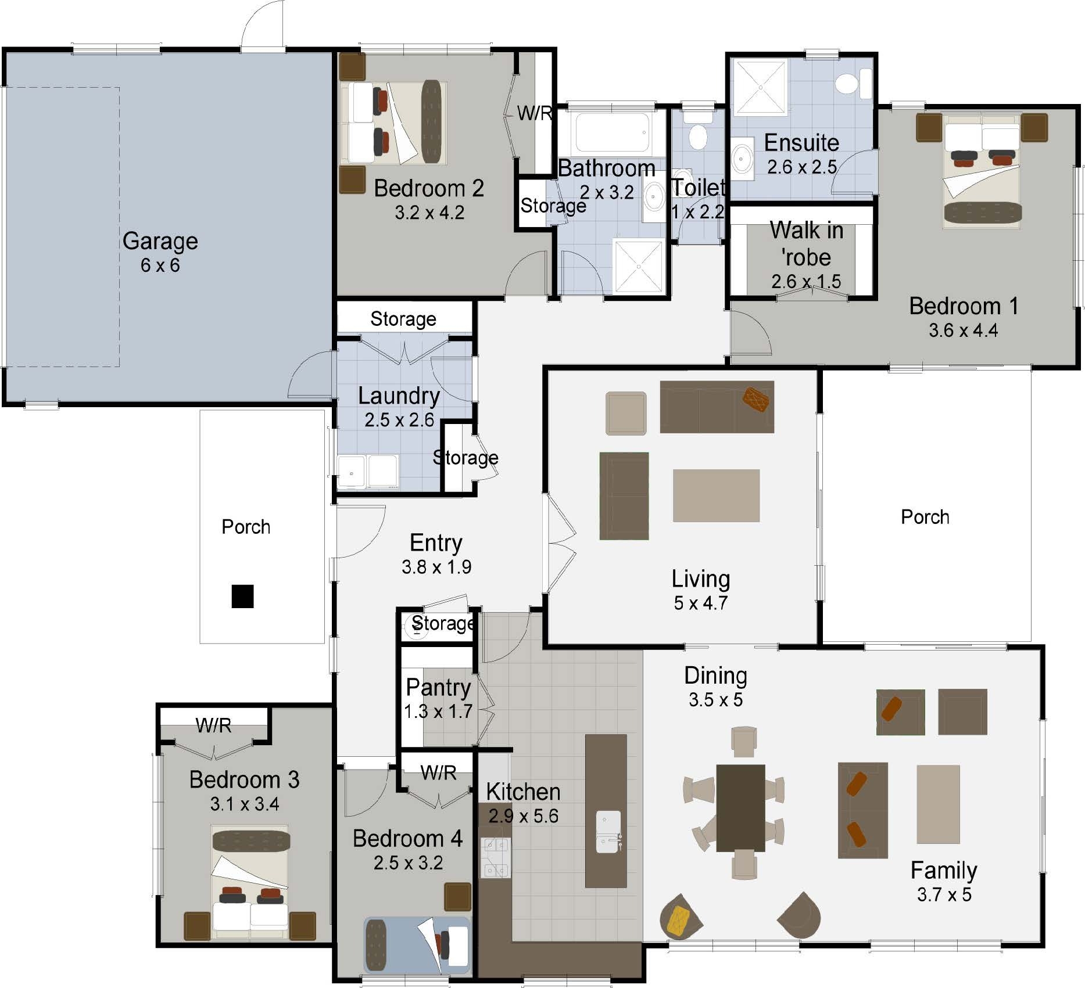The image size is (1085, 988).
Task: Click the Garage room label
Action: coord(160,241)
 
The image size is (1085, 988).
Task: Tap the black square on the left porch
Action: coord(242,596)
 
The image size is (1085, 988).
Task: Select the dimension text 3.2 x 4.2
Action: coord(429,213)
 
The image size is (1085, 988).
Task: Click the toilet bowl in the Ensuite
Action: coord(847,84)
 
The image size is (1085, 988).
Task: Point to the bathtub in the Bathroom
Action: coord(612,132)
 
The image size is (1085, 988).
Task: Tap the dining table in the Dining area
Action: coord(740,807)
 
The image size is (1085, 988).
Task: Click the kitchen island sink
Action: coord(608,832)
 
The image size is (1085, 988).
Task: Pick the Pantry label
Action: coord(438,687)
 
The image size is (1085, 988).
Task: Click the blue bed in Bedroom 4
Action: coord(416,945)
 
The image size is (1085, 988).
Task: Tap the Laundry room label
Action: coord(399,396)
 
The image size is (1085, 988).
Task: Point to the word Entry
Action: coord(436,542)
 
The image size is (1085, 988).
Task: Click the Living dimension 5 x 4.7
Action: coord(700,603)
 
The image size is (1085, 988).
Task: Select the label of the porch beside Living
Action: coord(925,517)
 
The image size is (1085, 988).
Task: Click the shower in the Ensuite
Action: coord(760,87)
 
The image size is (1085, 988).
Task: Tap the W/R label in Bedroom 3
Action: coord(213,725)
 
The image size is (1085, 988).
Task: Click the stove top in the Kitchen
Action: coord(495,857)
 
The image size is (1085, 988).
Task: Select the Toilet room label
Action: coord(698,188)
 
